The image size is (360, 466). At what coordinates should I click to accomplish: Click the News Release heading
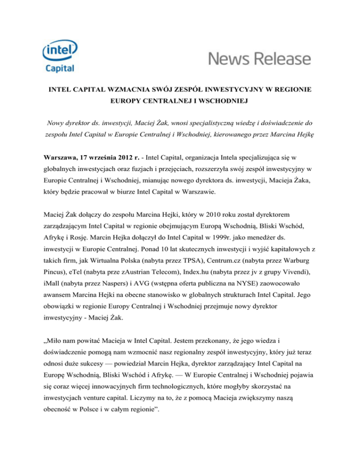(259, 59)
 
